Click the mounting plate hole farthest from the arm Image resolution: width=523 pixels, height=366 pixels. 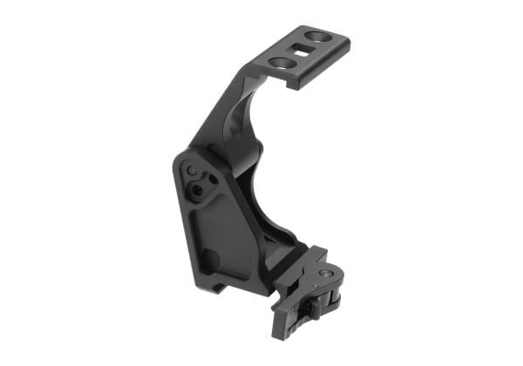pyautogui.click(x=319, y=38)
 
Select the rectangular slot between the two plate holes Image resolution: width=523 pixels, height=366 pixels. pyautogui.click(x=302, y=51)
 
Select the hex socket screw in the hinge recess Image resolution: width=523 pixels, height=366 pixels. pyautogui.click(x=200, y=188)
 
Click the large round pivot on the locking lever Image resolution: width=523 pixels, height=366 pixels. pyautogui.click(x=325, y=274)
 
